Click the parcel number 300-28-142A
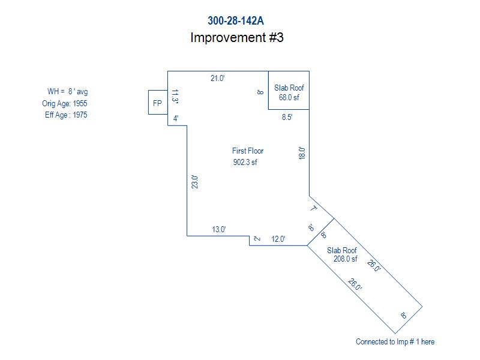point(236,20)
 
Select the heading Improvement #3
point(236,37)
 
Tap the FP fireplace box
point(157,103)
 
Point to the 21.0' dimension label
point(217,78)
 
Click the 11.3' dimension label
point(175,97)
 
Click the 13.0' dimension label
point(218,229)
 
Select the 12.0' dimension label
point(278,239)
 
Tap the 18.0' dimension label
point(302,154)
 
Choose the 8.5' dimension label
point(287,118)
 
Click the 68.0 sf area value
point(289,97)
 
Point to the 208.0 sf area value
point(345,259)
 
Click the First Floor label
point(248,151)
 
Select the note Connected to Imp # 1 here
point(395,342)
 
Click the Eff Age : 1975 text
point(66,115)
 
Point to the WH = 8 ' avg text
point(67,91)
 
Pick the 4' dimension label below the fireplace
point(176,119)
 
